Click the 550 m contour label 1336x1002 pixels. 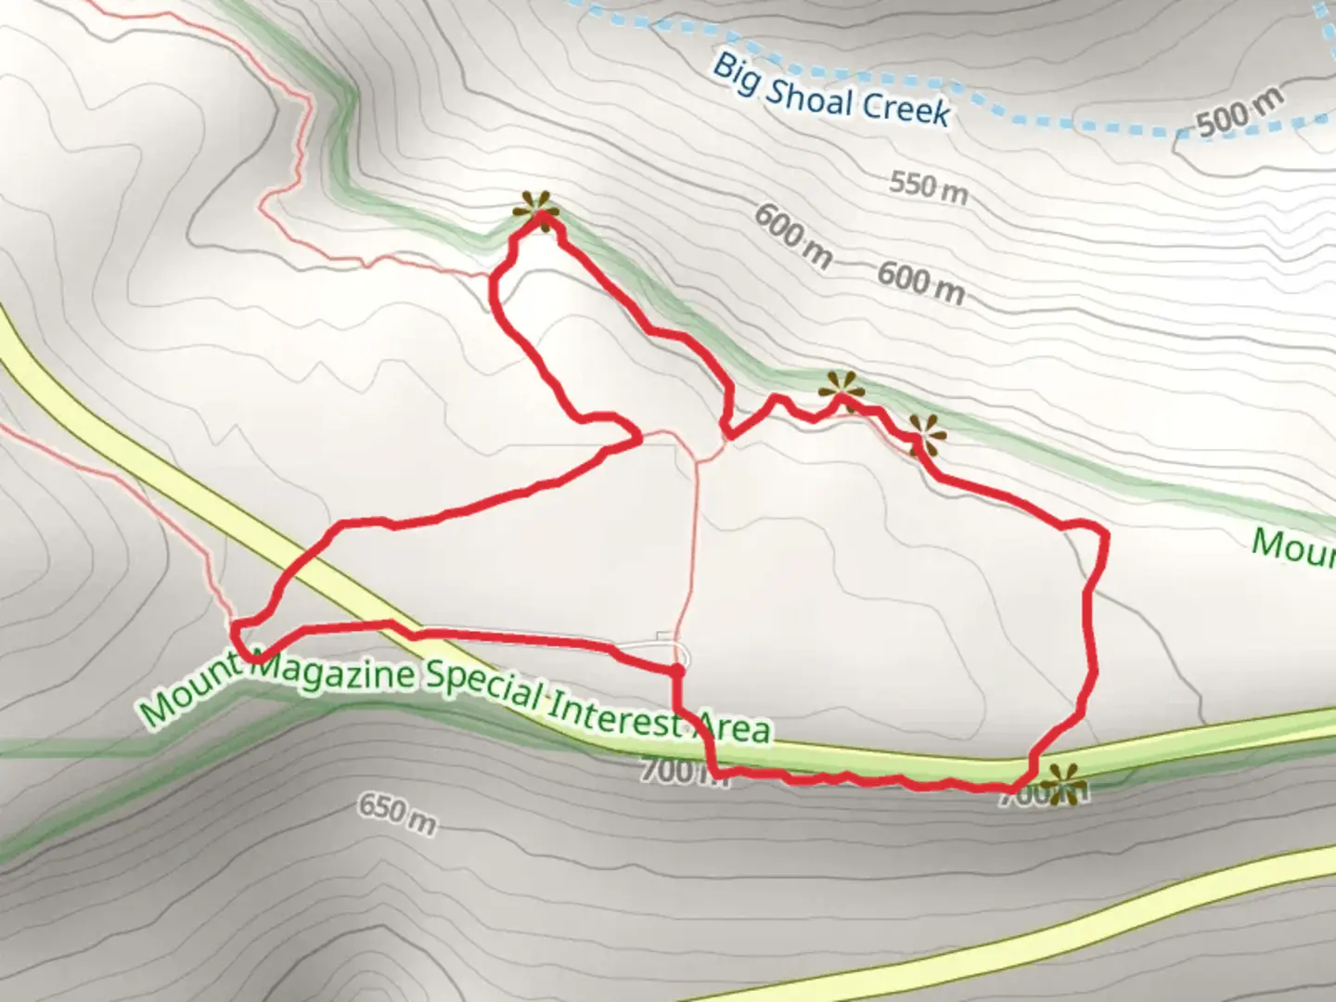(928, 187)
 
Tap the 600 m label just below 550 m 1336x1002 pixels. (920, 282)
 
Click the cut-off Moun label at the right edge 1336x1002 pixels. (1294, 547)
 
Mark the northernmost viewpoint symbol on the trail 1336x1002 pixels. (537, 212)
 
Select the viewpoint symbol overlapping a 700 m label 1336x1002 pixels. (1061, 785)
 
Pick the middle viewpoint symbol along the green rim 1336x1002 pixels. (841, 392)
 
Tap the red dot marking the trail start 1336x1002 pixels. (677, 670)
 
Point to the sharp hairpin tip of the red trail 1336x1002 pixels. (639, 436)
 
